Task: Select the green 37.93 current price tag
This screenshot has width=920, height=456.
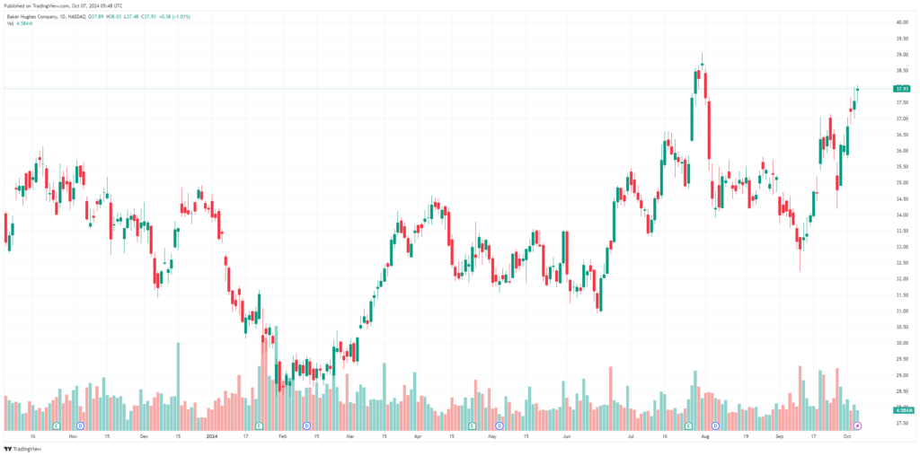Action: [901, 88]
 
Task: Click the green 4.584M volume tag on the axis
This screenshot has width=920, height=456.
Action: [901, 409]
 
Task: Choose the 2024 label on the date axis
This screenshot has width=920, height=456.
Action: [212, 436]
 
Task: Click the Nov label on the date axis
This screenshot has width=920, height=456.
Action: [73, 436]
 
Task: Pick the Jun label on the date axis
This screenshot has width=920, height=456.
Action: [567, 436]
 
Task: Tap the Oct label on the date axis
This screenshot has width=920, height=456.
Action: [846, 436]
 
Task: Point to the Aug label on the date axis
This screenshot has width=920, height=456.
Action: [705, 436]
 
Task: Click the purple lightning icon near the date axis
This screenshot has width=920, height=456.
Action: [857, 425]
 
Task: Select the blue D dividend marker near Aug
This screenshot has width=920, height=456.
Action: [715, 425]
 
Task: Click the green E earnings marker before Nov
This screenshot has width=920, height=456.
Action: [56, 425]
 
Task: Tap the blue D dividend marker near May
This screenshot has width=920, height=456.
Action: [499, 425]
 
